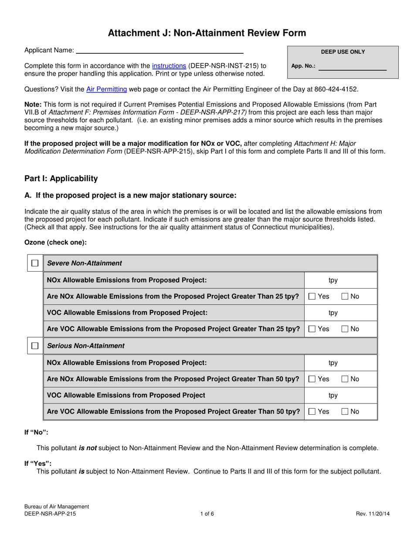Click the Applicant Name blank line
click(159, 51)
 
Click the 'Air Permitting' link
click(107, 89)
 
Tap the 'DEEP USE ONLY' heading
click(343, 52)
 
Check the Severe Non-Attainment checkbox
click(35, 263)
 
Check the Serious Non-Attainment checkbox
click(35, 346)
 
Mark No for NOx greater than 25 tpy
click(345, 297)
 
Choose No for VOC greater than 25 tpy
click(345, 329)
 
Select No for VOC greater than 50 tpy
click(345, 411)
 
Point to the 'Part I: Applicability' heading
click(61, 179)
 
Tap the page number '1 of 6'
click(207, 514)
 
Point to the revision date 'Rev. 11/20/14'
click(373, 514)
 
